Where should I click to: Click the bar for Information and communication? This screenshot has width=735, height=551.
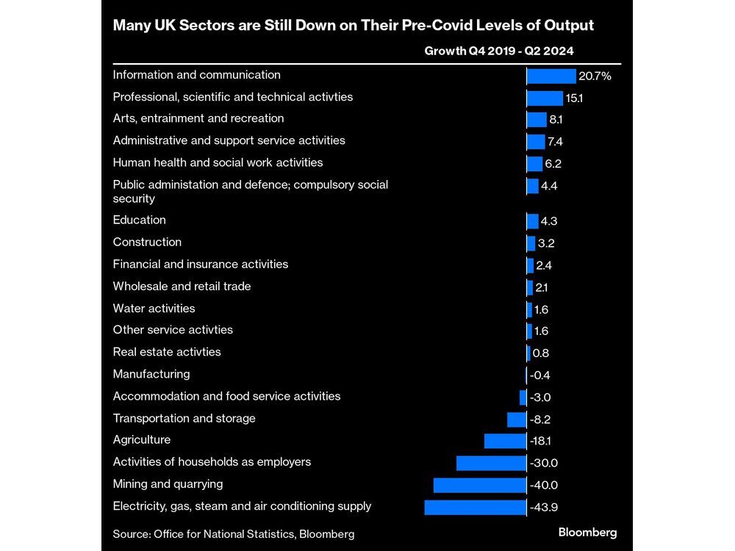(551, 76)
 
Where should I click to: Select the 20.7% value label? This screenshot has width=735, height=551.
(595, 76)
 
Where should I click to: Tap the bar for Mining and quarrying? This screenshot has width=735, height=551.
(480, 485)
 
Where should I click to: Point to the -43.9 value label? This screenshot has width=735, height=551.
(545, 507)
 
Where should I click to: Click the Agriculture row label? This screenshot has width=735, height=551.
(142, 440)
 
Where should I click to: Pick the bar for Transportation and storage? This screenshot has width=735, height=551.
(517, 419)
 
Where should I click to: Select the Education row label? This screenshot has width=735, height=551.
(140, 220)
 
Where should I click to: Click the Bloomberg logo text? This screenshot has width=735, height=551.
(588, 532)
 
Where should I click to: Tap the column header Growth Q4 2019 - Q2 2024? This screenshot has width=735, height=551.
(499, 51)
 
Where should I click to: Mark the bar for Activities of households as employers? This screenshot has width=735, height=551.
(491, 463)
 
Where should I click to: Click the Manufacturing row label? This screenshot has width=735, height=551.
(151, 374)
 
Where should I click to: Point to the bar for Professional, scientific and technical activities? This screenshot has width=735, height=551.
(545, 98)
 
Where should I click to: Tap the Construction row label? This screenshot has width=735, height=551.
(147, 242)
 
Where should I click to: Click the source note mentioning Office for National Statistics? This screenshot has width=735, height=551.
(234, 534)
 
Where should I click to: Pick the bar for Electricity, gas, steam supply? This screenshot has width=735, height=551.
(476, 507)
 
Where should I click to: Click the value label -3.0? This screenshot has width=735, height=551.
(542, 397)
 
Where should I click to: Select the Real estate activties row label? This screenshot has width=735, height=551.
(167, 352)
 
